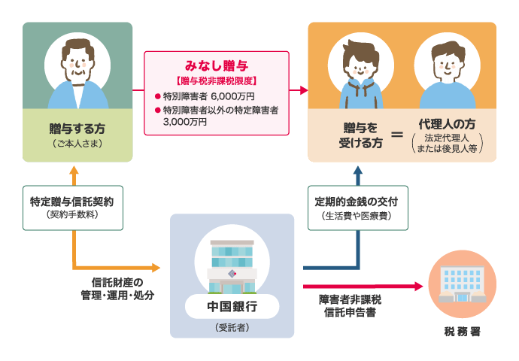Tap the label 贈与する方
coord(77,126)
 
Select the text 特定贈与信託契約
coord(73,202)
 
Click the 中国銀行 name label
coord(232,306)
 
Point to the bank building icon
coord(232,267)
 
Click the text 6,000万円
coord(232,96)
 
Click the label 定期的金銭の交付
coord(357,202)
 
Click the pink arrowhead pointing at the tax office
coord(418,286)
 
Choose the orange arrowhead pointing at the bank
coord(156,267)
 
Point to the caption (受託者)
coord(232,327)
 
